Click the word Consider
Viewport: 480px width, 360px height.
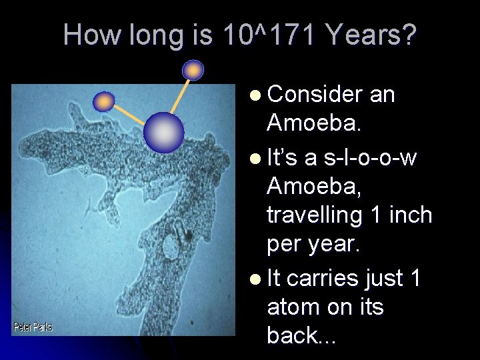[314, 95]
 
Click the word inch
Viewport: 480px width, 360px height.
[409, 215]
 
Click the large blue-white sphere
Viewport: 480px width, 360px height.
[164, 131]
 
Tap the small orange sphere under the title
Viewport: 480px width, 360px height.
[193, 69]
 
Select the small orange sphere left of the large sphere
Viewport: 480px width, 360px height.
[103, 101]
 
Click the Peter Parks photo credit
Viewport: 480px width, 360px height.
[33, 327]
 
